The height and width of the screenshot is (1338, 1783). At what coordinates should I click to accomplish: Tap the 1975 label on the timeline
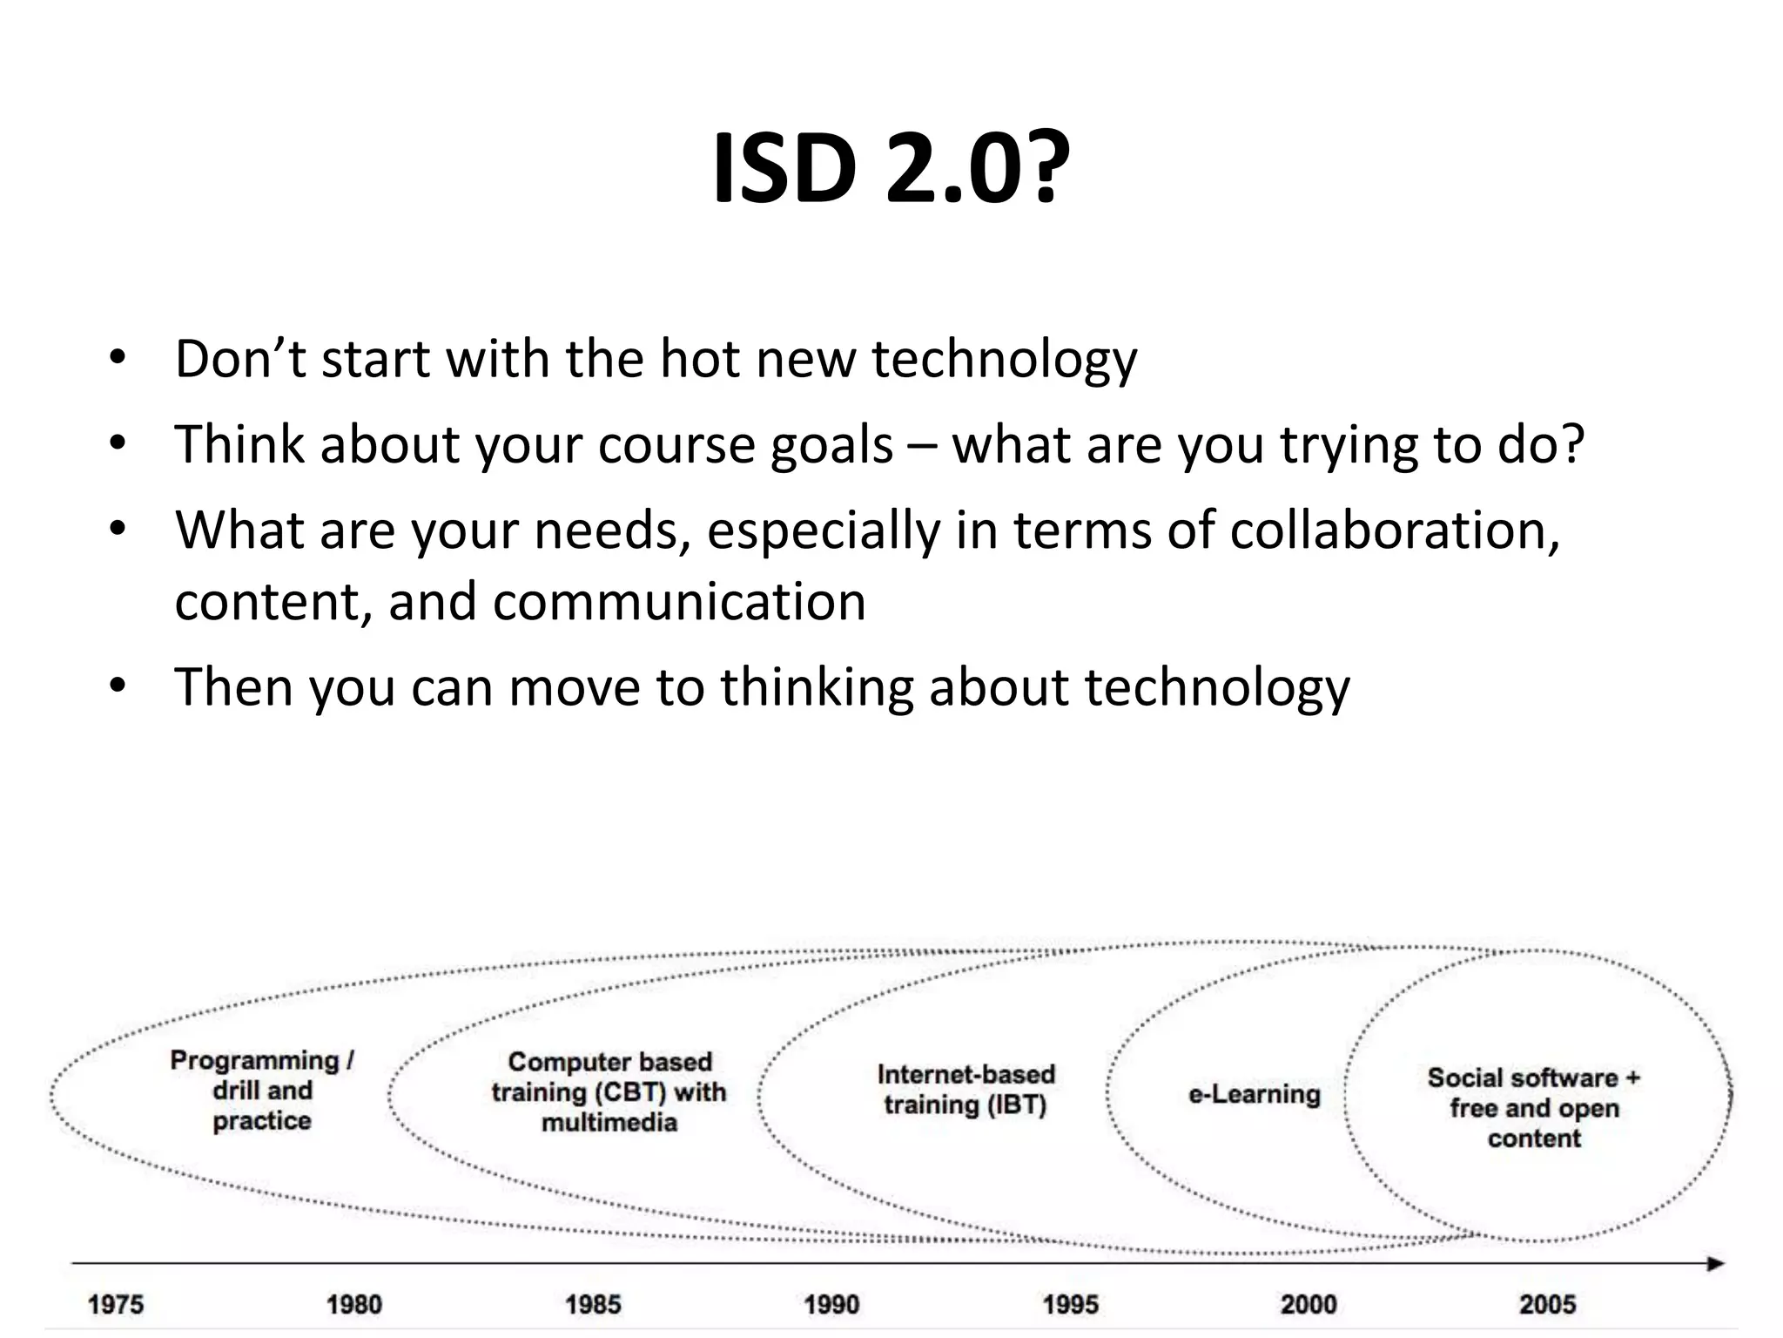coord(115,1305)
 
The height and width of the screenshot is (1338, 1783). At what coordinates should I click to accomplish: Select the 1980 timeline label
coord(353,1305)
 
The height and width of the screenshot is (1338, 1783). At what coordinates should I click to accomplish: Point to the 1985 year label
coord(593,1305)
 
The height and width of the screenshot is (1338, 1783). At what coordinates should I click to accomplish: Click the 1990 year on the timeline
coord(831,1305)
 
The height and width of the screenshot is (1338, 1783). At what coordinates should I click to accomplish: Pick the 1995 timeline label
coord(1071,1305)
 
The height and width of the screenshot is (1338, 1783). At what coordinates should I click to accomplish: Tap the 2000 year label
coord(1309,1305)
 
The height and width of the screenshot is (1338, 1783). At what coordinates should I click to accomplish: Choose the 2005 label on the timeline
coord(1547,1305)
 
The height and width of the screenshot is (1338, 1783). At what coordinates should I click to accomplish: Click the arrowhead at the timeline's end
coord(1715,1264)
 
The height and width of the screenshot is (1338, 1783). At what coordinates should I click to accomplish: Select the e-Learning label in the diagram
coord(1254,1094)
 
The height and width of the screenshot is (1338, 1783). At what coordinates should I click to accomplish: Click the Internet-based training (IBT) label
coord(966,1089)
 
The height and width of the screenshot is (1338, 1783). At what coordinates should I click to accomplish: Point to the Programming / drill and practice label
coord(262,1090)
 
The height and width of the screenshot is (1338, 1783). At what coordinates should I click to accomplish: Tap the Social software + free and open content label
coord(1534,1107)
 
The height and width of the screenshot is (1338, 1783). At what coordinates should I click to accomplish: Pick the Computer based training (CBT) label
coord(609,1091)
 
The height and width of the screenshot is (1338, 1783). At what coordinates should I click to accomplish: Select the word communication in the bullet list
coord(679,601)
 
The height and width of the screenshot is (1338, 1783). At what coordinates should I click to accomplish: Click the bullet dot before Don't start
coord(118,359)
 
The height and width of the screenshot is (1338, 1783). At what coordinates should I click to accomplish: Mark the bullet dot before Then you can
coord(118,687)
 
